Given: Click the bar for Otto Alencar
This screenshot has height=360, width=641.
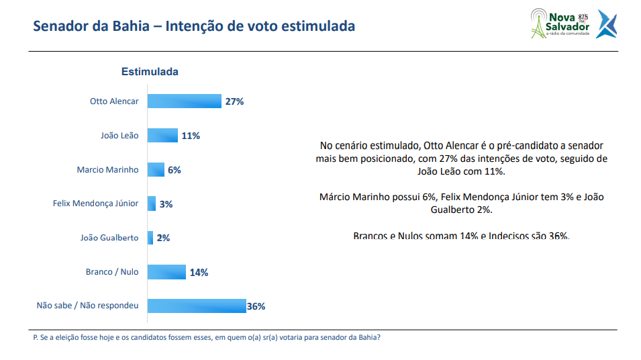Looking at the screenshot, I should click(184, 101).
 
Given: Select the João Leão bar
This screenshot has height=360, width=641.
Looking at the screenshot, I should click(162, 136).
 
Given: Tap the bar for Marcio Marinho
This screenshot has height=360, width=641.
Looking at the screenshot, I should click(156, 170).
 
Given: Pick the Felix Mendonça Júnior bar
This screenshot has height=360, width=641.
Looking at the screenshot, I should click(152, 204).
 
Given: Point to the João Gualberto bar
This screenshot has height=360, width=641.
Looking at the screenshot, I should click(150, 238).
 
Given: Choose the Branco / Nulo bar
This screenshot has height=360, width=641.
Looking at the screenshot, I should click(166, 272).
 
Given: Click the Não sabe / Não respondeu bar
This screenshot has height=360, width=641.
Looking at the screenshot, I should click(197, 306).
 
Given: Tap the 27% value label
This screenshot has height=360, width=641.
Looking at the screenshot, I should click(234, 101).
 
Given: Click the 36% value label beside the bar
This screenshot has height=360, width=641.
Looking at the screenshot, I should click(256, 306).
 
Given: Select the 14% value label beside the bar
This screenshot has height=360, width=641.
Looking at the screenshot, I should click(199, 273).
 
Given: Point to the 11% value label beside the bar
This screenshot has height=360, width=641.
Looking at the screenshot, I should click(191, 136).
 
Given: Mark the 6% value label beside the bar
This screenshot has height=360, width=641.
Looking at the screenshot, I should click(175, 170).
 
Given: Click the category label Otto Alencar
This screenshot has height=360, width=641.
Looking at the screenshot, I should click(114, 101).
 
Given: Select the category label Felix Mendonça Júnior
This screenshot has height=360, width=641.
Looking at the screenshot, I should click(95, 204).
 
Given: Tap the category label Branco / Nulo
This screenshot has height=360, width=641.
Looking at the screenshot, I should click(112, 272).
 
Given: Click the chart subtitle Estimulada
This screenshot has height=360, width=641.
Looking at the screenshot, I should click(149, 71).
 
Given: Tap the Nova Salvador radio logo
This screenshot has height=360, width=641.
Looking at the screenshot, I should click(559, 22).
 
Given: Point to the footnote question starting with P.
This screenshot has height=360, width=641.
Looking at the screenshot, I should click(207, 338).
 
